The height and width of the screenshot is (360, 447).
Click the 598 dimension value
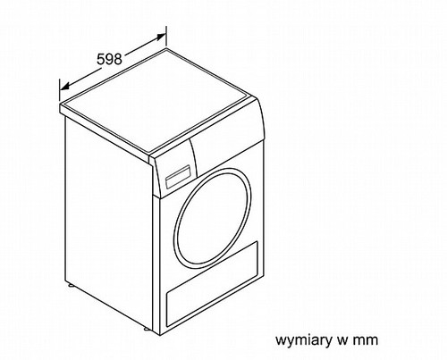click(x=109, y=59)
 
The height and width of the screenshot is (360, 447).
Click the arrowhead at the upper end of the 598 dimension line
click(x=161, y=37)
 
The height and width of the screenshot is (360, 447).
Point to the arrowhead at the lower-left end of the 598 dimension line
click(x=64, y=86)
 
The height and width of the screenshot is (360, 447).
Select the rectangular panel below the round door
click(x=212, y=284)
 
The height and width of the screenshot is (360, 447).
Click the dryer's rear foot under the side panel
click(x=72, y=286)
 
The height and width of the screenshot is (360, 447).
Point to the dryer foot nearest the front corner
click(x=147, y=330)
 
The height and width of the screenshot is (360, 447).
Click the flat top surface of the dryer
click(x=158, y=100)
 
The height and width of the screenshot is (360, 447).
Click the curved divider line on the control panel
click(x=194, y=156)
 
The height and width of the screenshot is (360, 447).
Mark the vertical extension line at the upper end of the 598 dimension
click(x=166, y=37)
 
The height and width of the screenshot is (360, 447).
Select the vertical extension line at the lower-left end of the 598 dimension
click(x=60, y=90)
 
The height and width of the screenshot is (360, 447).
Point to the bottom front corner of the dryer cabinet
click(x=161, y=336)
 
